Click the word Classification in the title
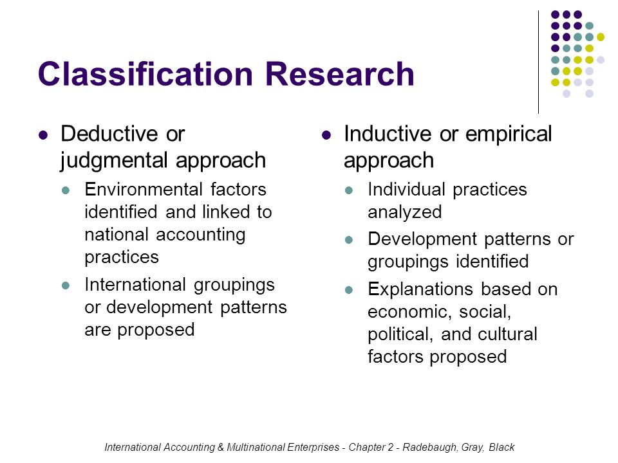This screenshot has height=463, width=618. click(x=145, y=73)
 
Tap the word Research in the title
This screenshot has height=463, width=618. click(x=340, y=73)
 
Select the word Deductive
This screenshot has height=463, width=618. click(x=109, y=134)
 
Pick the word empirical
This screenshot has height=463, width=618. click(x=509, y=135)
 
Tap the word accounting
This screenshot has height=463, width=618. click(x=201, y=235)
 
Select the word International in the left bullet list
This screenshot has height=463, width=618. click(x=135, y=285)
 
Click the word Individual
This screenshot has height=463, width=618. click(x=406, y=189)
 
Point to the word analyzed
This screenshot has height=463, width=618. click(x=404, y=213)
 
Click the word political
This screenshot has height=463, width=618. click(x=400, y=334)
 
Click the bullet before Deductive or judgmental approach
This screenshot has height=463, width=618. click(x=43, y=136)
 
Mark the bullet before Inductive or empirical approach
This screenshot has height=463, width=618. click(x=326, y=136)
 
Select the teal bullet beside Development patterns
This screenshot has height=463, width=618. click(x=349, y=240)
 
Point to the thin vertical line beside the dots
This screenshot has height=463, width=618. click(x=538, y=62)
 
